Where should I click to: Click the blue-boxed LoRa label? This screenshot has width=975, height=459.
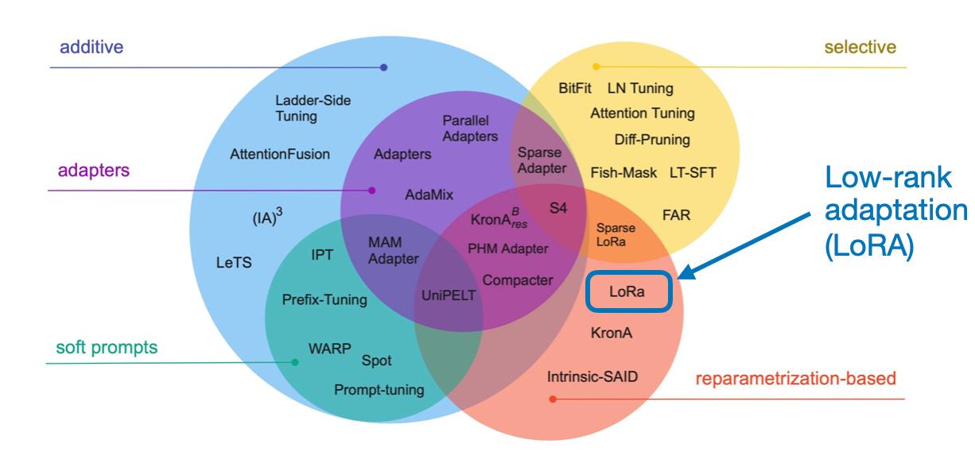point(627,291)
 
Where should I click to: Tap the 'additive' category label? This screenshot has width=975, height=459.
point(91,47)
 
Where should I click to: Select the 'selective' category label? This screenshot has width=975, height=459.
point(860,47)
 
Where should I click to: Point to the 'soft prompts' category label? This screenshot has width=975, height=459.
point(107,348)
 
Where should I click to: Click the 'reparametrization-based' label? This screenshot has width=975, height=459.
point(796,379)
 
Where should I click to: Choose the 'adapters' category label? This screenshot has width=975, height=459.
point(94,171)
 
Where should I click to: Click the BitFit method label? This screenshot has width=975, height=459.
point(574,88)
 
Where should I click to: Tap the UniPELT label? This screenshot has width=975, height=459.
point(449,295)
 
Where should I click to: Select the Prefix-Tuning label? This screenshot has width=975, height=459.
point(324,299)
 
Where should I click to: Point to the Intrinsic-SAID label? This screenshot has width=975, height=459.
point(592,376)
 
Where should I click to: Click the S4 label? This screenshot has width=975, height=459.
point(558,208)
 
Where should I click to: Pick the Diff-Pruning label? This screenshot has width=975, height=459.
point(652,140)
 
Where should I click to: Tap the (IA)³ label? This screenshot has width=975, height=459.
point(267,216)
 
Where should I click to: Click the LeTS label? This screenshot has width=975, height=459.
point(234,263)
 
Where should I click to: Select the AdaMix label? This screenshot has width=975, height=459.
point(429,195)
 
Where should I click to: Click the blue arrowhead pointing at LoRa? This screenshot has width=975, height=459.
point(688,272)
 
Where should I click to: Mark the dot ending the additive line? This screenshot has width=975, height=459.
point(383,67)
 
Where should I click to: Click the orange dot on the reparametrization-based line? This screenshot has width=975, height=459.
point(553,399)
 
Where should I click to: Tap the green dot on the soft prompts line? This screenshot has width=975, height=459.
point(295,362)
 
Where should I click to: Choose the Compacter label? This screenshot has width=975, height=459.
point(518,280)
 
